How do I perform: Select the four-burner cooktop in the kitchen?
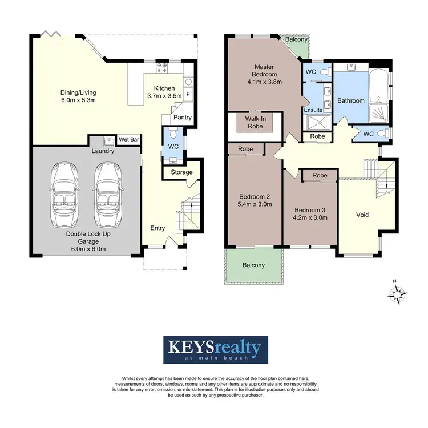[161, 68]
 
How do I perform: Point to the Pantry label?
[182, 118]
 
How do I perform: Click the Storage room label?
[181, 172]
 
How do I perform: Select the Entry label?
[158, 228]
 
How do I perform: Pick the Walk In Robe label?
[255, 122]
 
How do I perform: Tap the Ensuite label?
[313, 110]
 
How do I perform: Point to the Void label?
[362, 215]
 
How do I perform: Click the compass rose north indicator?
[397, 294]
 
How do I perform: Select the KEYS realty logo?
[214, 349]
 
